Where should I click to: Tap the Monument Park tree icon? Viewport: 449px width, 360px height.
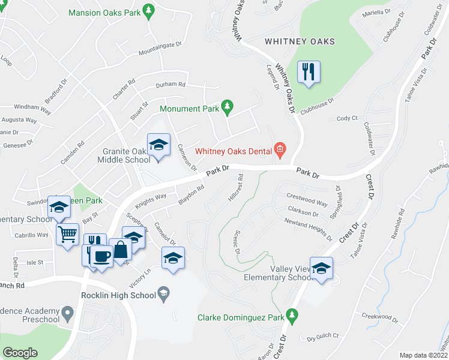click(x=226, y=108)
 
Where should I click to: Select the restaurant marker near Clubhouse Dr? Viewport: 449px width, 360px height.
click(x=309, y=73)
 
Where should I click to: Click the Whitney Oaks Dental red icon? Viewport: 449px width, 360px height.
click(x=279, y=149)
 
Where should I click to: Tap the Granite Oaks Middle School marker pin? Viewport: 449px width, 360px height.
click(x=158, y=146)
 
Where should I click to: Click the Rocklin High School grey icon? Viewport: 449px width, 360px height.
click(x=164, y=294)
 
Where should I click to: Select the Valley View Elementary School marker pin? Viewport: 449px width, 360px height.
click(x=322, y=269)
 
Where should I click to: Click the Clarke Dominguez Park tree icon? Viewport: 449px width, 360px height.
click(x=292, y=314)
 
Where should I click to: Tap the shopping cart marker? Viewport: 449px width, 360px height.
click(x=68, y=233)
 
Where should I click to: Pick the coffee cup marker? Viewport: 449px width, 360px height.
click(x=101, y=257)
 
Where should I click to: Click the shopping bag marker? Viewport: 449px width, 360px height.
click(x=121, y=249)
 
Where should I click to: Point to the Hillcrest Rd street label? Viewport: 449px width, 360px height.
click(x=236, y=188)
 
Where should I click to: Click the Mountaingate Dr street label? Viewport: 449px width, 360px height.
click(x=160, y=49)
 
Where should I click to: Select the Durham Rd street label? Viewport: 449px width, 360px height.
click(x=170, y=85)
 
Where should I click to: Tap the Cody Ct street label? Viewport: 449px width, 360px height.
click(x=347, y=118)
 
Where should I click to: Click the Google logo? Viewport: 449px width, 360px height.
click(x=20, y=353)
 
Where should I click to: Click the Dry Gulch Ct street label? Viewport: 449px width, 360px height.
click(x=323, y=336)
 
